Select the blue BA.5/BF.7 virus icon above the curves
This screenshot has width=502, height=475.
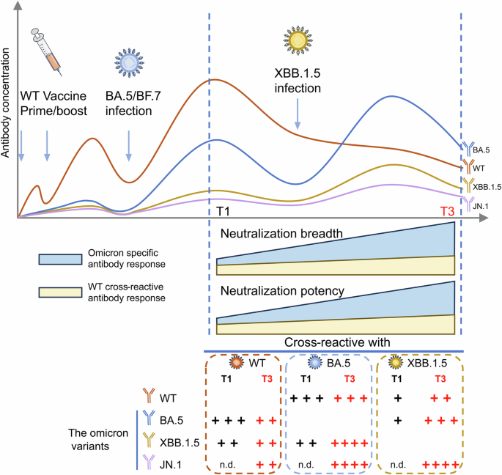click(x=130, y=65)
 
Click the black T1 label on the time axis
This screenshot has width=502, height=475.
click(x=226, y=211)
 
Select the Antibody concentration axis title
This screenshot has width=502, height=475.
click(x=8, y=110)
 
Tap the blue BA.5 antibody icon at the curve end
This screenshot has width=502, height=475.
click(x=466, y=150)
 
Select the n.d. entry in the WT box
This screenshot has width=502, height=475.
click(x=226, y=463)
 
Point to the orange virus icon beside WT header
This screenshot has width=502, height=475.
click(x=235, y=363)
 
